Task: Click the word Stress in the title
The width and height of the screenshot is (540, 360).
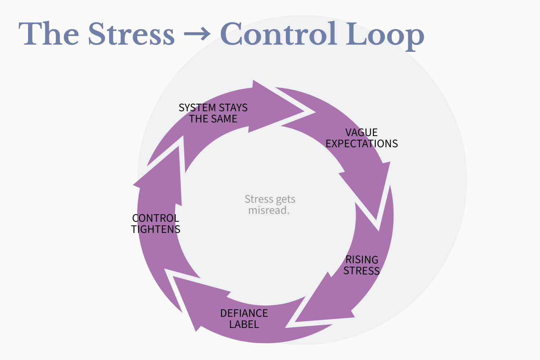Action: point(131,34)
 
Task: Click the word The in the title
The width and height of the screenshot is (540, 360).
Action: point(49,34)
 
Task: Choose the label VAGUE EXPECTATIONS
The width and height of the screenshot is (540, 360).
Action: point(362,138)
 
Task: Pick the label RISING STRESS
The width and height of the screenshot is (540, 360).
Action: point(362,265)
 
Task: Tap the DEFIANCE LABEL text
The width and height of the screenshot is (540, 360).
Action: point(244,319)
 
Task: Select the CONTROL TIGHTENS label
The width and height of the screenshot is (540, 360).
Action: point(156,224)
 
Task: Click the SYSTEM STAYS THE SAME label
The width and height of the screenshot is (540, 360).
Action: point(213,113)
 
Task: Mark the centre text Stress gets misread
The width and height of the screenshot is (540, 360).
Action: point(270,204)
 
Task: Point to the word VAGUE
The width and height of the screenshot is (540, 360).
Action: point(361,132)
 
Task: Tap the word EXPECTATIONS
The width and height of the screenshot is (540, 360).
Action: point(362,144)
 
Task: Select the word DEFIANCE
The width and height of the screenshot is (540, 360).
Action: point(244,313)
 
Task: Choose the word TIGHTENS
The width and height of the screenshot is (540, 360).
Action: point(156,229)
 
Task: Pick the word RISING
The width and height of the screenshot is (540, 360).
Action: point(362,260)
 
